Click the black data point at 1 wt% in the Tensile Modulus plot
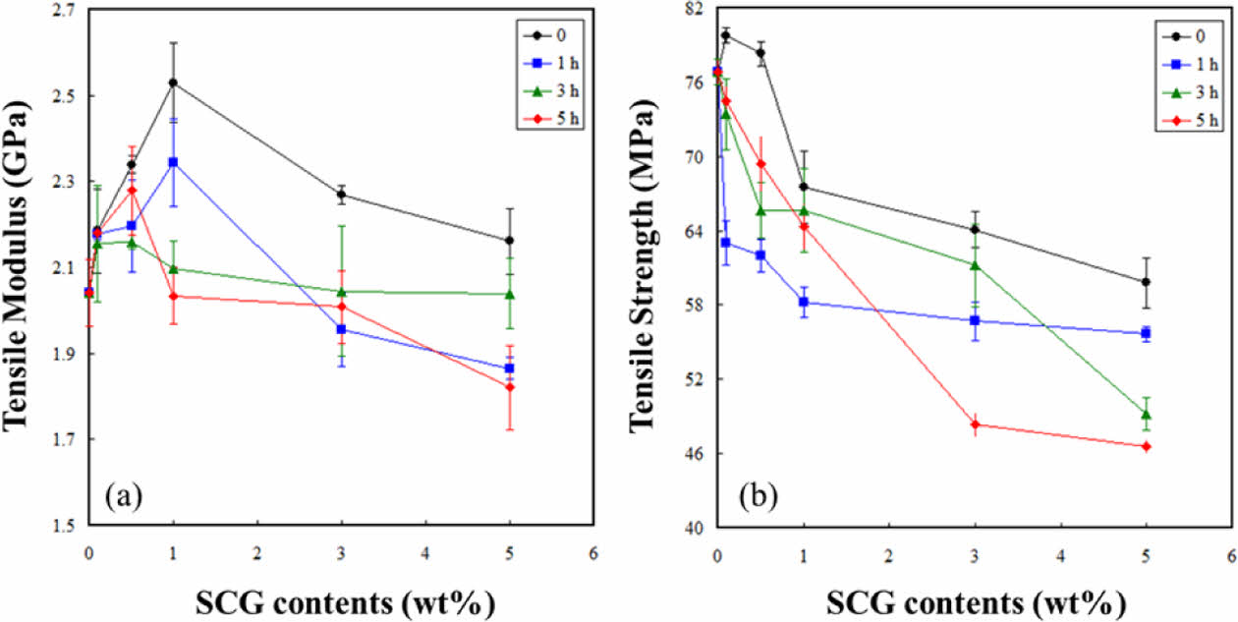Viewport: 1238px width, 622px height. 174,83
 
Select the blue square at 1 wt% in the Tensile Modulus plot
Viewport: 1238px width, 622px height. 174,162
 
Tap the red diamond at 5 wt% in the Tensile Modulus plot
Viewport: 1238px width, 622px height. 510,387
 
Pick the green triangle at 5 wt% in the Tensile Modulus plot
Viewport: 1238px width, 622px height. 510,294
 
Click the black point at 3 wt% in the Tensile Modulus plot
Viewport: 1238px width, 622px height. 341,195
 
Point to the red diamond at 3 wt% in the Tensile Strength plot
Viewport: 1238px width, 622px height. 976,424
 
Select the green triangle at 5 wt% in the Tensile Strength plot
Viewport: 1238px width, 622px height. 1147,414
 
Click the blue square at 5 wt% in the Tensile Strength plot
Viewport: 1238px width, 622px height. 1147,333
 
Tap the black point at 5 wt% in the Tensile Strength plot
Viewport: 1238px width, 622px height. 1147,282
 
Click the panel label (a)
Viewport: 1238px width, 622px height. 124,496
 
